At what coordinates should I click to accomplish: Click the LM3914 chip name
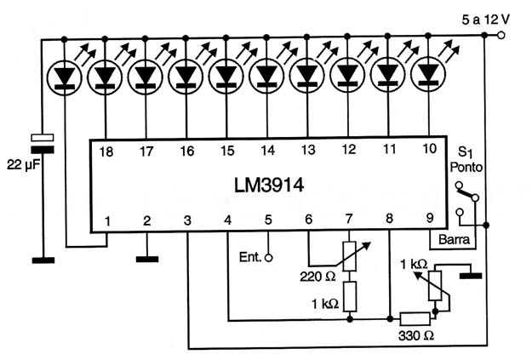[269, 186]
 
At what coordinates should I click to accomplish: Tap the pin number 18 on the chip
[106, 151]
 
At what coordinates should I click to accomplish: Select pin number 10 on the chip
[430, 148]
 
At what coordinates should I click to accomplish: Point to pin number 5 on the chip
[268, 220]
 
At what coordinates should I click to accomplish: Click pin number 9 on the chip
[430, 218]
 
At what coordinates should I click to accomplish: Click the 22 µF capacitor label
[24, 165]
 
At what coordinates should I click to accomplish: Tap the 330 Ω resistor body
[415, 319]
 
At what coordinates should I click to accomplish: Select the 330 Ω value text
[416, 336]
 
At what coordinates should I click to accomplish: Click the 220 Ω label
[317, 277]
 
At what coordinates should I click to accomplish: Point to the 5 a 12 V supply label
[485, 20]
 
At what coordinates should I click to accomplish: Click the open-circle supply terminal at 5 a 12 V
[501, 35]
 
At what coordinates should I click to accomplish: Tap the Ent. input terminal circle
[268, 258]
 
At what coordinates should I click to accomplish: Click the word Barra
[454, 239]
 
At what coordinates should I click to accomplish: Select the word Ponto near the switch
[466, 167]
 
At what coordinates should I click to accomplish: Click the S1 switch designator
[465, 152]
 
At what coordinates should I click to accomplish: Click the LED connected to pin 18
[105, 77]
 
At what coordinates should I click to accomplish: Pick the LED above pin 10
[428, 75]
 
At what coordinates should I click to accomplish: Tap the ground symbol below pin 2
[147, 260]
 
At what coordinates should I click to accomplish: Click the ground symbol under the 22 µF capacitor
[43, 260]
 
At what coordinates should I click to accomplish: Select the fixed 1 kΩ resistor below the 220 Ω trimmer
[350, 296]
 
